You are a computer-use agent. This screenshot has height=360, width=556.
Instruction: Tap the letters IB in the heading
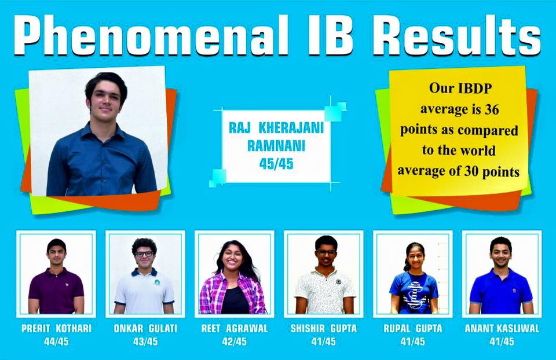tap(330, 35)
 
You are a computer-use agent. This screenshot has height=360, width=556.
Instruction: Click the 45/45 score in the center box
tap(276, 164)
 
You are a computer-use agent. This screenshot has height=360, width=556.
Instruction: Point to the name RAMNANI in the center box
tap(276, 146)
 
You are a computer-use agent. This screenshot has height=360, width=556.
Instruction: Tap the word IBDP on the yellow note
tap(475, 88)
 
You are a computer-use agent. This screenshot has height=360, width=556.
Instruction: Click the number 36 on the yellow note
tap(492, 109)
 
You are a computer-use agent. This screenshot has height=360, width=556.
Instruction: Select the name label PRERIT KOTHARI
tap(56, 329)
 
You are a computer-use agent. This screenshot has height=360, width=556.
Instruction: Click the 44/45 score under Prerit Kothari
tap(56, 341)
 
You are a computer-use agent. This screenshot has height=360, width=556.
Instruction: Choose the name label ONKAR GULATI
tap(145, 329)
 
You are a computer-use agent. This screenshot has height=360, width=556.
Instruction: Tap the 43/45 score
tap(145, 341)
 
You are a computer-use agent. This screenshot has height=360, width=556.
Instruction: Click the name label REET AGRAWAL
tap(235, 329)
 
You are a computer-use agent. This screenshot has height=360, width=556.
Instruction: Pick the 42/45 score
tap(235, 341)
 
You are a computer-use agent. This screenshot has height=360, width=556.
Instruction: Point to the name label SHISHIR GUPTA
tap(324, 329)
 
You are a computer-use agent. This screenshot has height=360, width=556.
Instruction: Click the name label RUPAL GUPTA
tap(413, 329)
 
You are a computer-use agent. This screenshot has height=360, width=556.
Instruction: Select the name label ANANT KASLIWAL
tap(502, 329)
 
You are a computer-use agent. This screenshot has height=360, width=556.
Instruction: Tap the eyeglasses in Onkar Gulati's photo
tap(144, 254)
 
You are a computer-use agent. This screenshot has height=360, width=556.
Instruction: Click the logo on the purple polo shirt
tap(66, 284)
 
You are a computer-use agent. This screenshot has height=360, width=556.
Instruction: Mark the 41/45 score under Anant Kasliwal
tap(502, 341)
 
